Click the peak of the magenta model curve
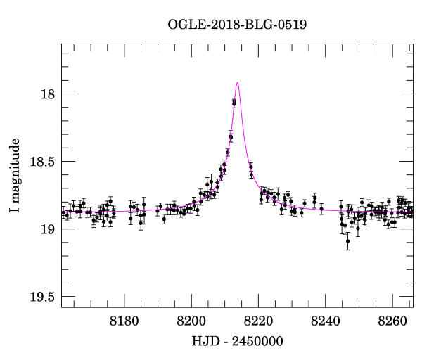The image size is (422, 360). point(238,82)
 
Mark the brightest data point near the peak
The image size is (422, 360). point(234,102)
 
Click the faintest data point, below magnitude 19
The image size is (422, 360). point(347,241)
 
